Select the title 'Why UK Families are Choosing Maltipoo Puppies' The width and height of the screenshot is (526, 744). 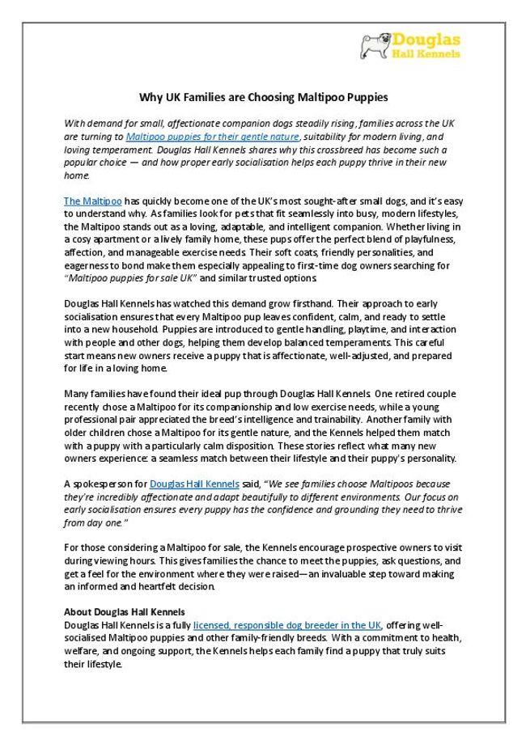click(x=263, y=98)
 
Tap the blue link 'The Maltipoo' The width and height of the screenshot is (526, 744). click(x=92, y=200)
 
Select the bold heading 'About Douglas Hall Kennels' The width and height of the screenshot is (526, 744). click(x=125, y=611)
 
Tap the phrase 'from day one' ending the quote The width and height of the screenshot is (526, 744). click(x=91, y=523)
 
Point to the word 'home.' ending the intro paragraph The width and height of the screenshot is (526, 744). click(x=75, y=175)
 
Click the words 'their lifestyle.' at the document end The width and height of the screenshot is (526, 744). click(x=93, y=664)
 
